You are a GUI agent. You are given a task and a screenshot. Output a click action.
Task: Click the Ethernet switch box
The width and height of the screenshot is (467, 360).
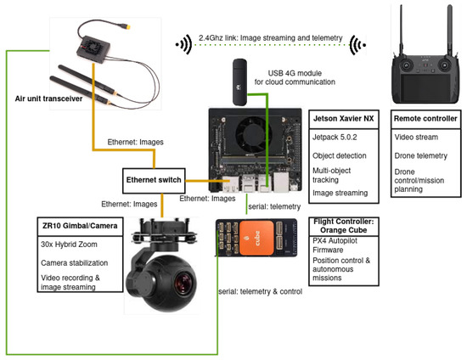click(153, 181)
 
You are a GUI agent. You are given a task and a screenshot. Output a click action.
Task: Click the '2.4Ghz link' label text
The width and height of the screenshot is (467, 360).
click(217, 39)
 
